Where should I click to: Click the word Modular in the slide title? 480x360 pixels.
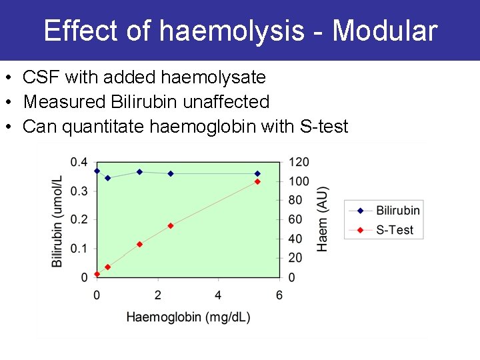[x=385, y=31]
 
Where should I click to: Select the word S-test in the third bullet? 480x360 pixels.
[x=325, y=127]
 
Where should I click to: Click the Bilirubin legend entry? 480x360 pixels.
[x=397, y=211]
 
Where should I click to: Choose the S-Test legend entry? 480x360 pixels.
[x=395, y=230]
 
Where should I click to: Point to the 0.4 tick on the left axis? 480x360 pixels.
[x=79, y=163]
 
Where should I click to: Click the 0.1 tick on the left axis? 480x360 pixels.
[x=79, y=249]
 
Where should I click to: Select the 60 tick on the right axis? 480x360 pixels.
[x=296, y=220]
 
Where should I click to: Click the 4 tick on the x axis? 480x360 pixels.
[x=219, y=295]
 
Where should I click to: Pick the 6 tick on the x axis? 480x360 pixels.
[x=279, y=295]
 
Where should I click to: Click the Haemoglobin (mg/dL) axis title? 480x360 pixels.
[x=188, y=317]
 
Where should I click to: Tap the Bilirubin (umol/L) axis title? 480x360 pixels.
[x=58, y=221]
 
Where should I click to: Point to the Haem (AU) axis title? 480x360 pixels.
[x=323, y=219]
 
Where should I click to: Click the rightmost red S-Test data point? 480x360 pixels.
[x=257, y=182]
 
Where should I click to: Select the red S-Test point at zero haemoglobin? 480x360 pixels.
[x=97, y=274]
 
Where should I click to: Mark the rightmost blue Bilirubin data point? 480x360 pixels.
[x=257, y=173]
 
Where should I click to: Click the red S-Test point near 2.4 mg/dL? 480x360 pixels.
[x=171, y=226]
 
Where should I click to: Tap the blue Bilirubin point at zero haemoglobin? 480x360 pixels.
[x=97, y=171]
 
